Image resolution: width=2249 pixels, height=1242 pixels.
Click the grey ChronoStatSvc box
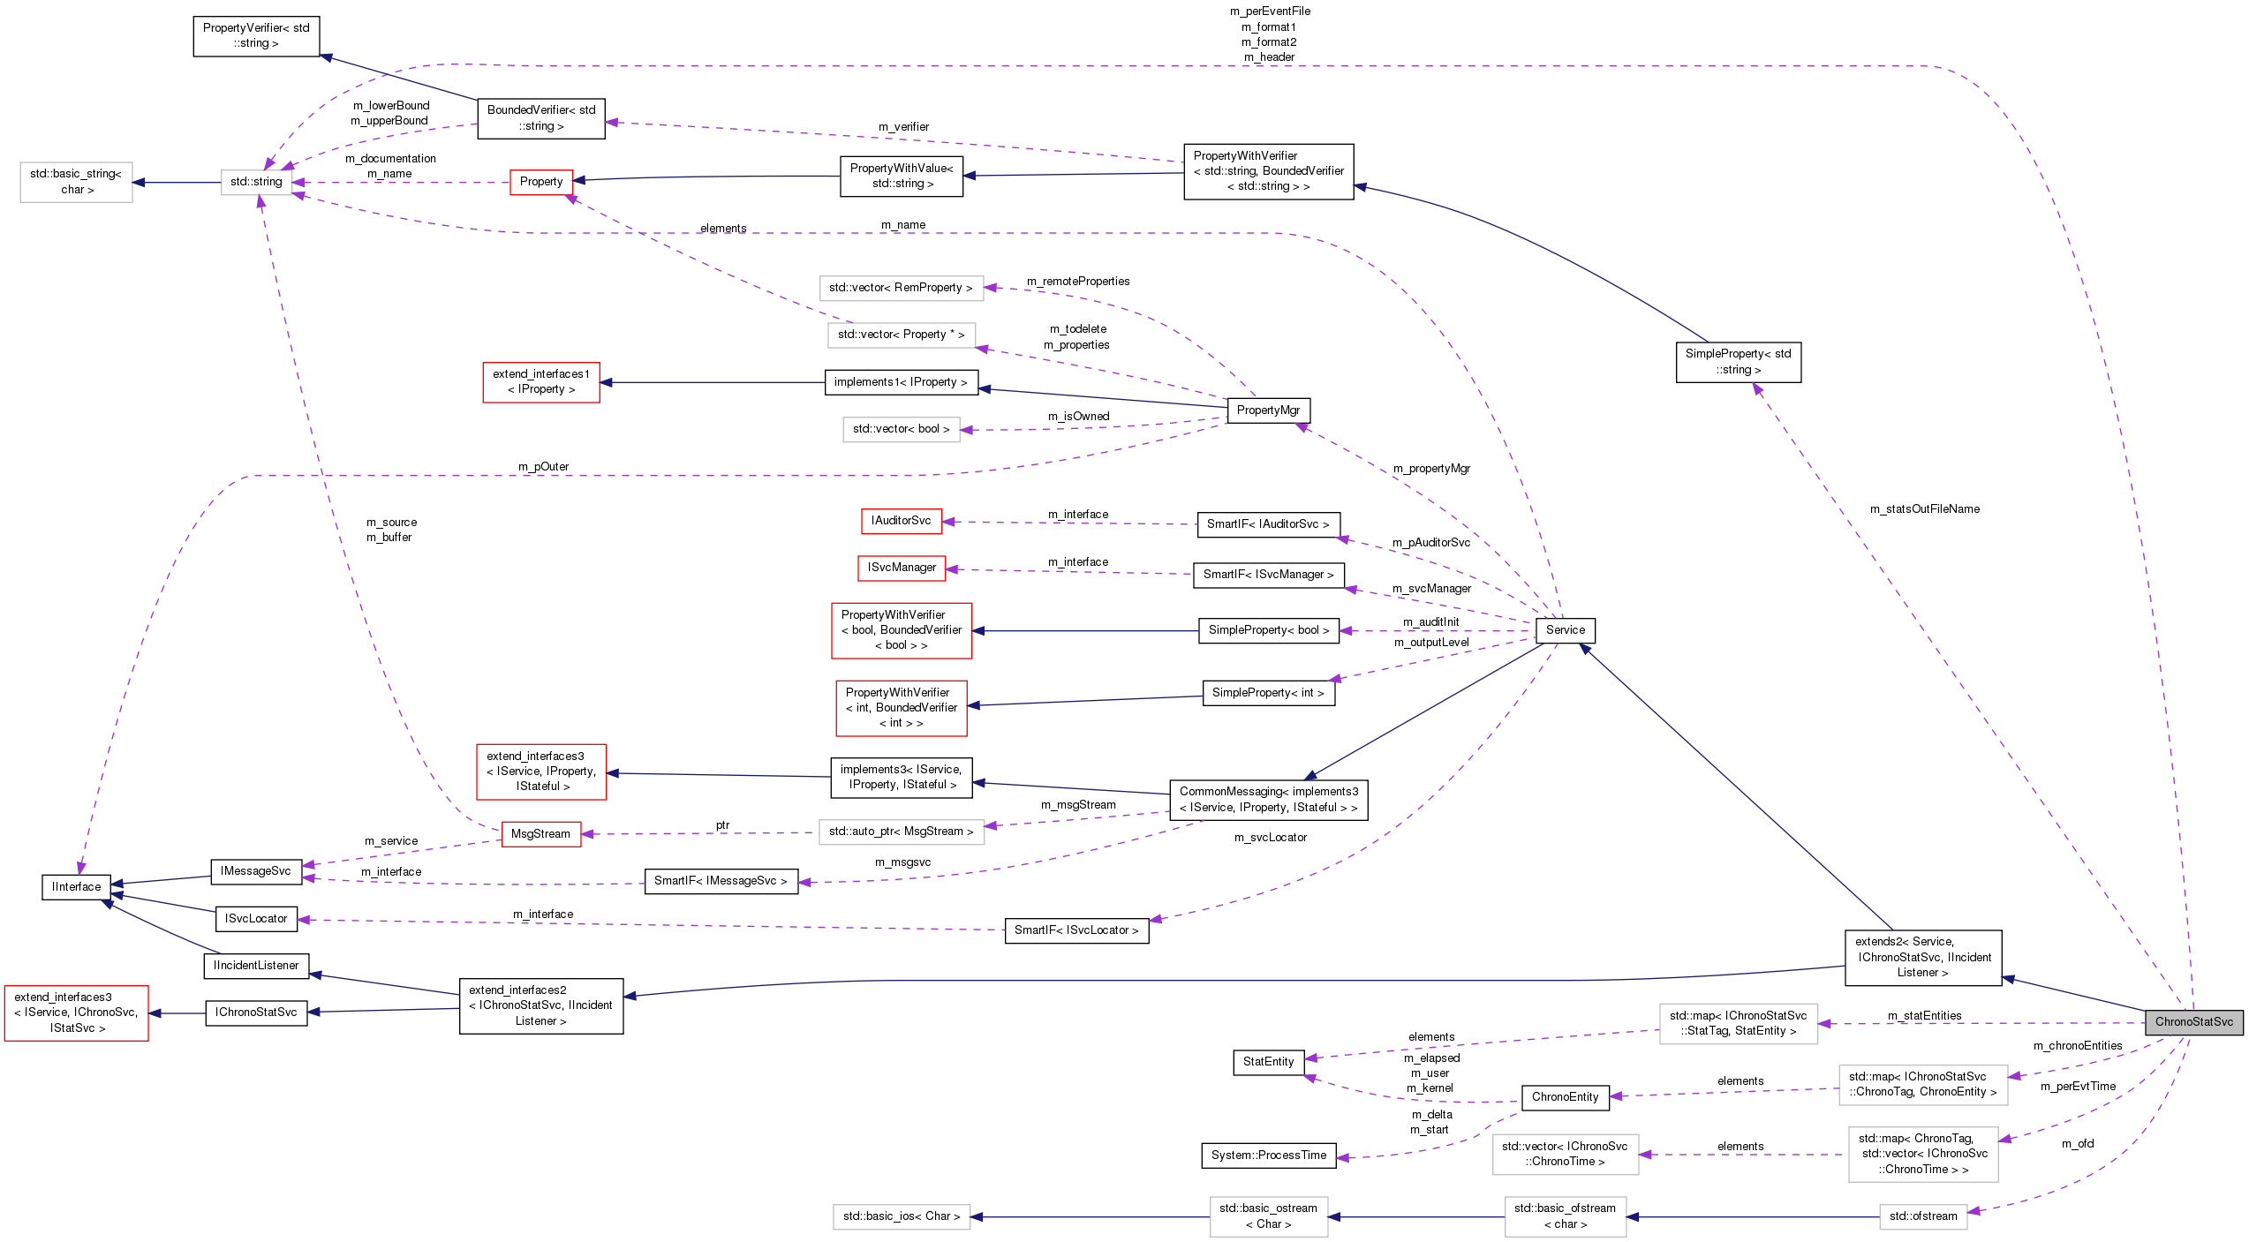click(2193, 1021)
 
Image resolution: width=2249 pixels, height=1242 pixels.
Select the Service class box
click(1565, 629)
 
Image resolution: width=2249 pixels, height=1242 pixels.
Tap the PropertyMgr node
click(1268, 410)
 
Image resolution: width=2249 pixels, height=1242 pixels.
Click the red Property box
click(540, 182)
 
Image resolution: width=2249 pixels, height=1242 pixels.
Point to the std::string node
click(256, 182)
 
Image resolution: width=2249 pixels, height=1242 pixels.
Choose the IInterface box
click(76, 886)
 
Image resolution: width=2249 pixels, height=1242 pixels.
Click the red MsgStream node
click(540, 833)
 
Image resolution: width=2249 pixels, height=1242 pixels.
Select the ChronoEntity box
click(1565, 1096)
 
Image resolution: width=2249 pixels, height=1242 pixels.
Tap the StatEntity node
click(1268, 1061)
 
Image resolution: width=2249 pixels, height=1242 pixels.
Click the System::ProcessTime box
click(1268, 1155)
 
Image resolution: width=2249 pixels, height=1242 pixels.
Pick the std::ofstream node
click(1923, 1216)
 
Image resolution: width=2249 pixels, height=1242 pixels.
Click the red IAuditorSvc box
click(901, 521)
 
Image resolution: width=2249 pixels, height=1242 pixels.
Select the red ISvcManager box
click(901, 568)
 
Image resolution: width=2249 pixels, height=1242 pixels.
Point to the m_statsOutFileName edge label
click(1924, 508)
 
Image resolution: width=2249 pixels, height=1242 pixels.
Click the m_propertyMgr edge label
click(1431, 468)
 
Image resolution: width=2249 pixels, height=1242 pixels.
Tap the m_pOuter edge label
click(543, 466)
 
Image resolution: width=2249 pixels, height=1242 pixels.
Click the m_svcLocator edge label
click(1270, 837)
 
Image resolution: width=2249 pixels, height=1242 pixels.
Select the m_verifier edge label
click(903, 126)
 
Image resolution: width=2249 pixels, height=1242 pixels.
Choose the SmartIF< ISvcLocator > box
click(1075, 930)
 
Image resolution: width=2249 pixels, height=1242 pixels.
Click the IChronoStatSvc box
click(256, 1012)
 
